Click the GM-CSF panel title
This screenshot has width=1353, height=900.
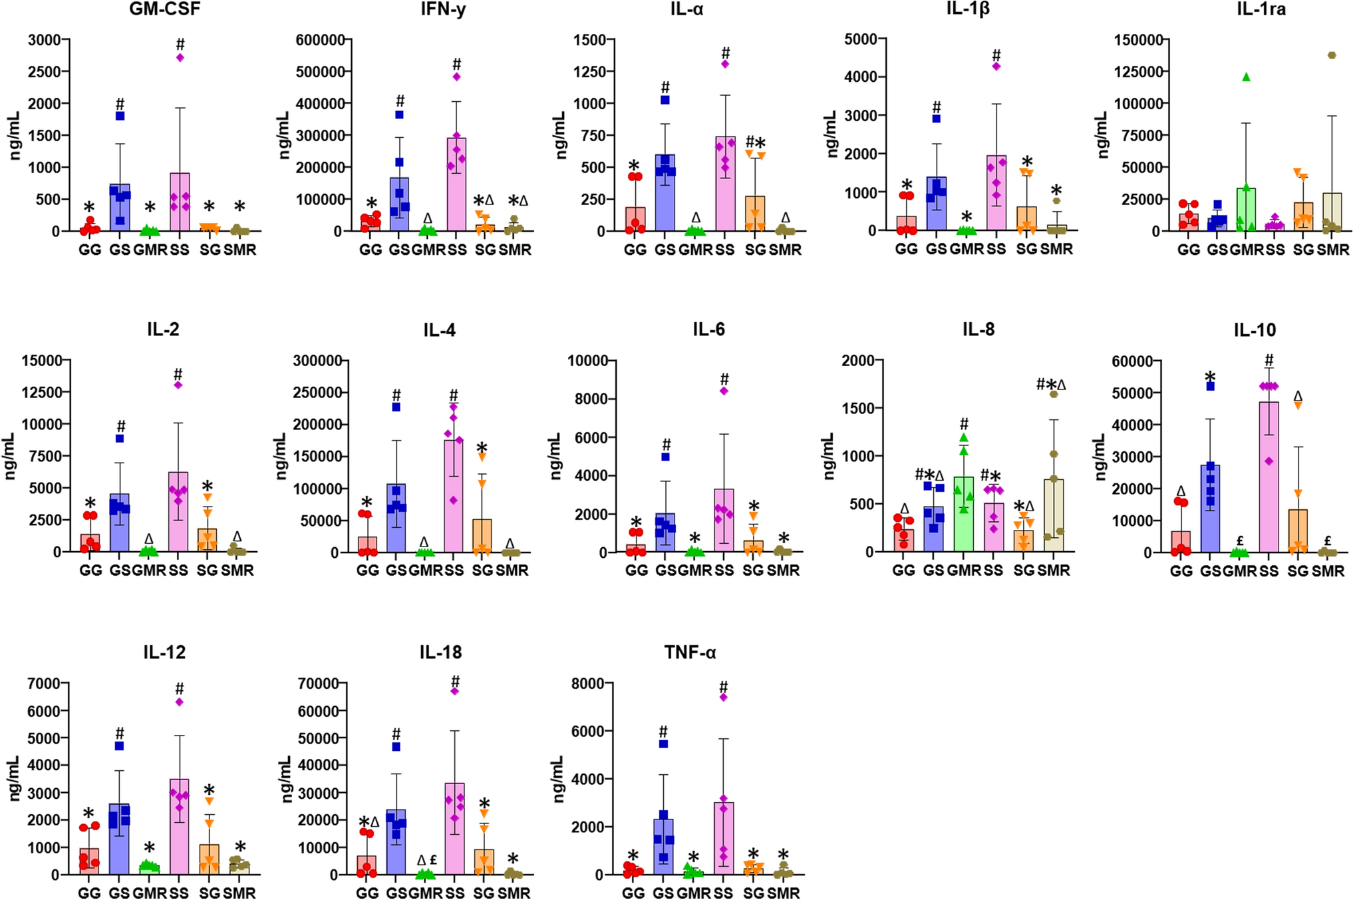pos(164,9)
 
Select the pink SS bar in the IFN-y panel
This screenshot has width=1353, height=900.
pos(456,186)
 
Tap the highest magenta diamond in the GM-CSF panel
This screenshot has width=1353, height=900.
pos(180,57)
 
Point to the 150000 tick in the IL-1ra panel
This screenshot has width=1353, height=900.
pos(1137,40)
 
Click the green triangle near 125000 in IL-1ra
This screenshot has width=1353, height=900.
pos(1246,77)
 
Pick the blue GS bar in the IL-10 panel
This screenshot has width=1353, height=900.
pos(1210,509)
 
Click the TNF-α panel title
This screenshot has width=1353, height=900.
pos(690,653)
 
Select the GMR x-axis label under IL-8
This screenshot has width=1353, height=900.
pos(964,570)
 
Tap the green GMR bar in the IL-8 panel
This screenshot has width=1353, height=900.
pos(964,516)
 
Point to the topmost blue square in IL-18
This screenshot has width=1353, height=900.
pos(396,747)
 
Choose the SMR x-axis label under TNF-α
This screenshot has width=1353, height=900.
pos(783,893)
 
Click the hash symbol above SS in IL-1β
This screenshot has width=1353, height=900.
pos(996,55)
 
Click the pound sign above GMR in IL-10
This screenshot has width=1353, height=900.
pos(1240,541)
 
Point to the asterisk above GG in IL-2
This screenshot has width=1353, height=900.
pos(90,503)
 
